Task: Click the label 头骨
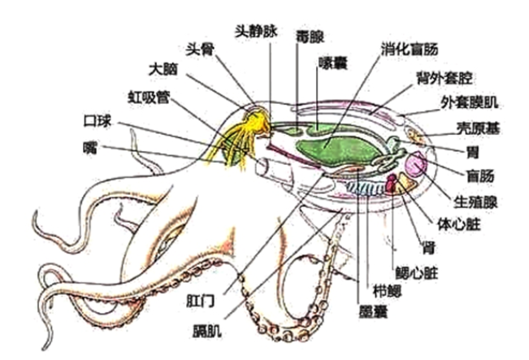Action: [x=202, y=47]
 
